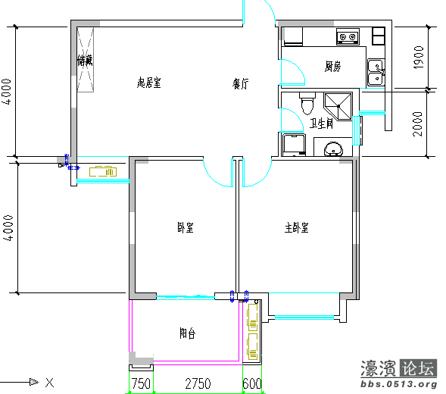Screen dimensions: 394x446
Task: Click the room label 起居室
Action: tap(148, 83)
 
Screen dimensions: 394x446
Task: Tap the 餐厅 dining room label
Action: tap(241, 85)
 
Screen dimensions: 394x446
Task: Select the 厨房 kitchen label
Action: tap(333, 67)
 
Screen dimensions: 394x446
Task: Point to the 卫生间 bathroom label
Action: tap(321, 124)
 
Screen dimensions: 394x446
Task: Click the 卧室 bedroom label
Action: tap(185, 227)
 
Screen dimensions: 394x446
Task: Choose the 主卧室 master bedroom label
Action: tap(296, 227)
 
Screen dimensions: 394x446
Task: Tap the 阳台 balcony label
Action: tap(187, 333)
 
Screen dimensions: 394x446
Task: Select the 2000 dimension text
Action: tap(418, 123)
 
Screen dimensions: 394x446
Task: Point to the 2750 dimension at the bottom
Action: tap(198, 384)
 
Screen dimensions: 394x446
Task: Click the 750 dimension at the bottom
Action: tap(140, 384)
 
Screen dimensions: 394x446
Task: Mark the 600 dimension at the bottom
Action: tap(252, 384)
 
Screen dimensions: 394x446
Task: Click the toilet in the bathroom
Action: tap(306, 101)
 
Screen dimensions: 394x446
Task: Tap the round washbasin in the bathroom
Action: tap(333, 149)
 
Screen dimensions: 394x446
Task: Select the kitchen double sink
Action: tap(375, 72)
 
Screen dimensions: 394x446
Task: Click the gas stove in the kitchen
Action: tap(348, 36)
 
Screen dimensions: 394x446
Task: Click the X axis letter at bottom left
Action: tap(48, 382)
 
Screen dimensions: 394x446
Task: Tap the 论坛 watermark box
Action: tap(419, 369)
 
